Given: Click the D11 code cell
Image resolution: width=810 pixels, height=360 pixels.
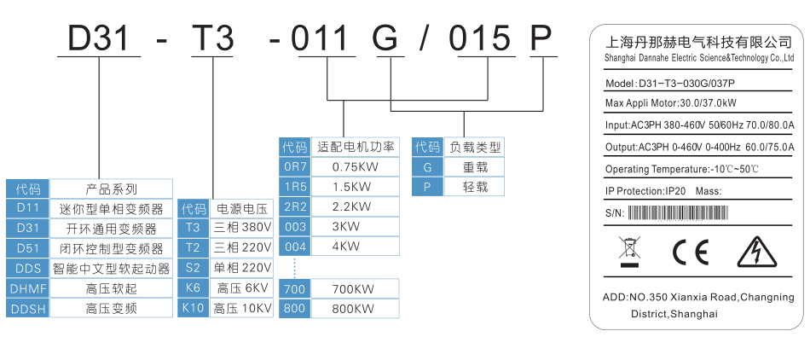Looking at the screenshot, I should click(x=28, y=208).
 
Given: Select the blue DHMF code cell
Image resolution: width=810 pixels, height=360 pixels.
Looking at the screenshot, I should click(x=28, y=288).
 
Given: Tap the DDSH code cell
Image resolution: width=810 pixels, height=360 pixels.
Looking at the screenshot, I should click(x=28, y=309).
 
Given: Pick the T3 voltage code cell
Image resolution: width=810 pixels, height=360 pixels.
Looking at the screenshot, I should click(x=193, y=228).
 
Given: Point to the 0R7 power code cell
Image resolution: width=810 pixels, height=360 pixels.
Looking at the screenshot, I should click(x=294, y=166).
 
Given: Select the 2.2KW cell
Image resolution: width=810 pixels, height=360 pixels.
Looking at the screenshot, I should click(x=354, y=206).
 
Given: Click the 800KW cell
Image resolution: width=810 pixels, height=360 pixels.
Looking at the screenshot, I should click(x=354, y=308).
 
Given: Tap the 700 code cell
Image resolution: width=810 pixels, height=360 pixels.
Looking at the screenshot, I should click(x=294, y=288).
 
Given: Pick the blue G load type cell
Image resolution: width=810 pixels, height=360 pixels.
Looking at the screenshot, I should click(x=427, y=167).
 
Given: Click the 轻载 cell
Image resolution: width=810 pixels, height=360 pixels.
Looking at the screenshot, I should click(x=475, y=187).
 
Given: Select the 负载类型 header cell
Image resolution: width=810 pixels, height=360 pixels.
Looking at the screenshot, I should click(x=475, y=147).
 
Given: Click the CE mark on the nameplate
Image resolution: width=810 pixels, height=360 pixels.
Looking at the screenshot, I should click(x=691, y=253).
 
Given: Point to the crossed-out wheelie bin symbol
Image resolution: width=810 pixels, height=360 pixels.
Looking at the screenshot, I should click(x=628, y=251).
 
